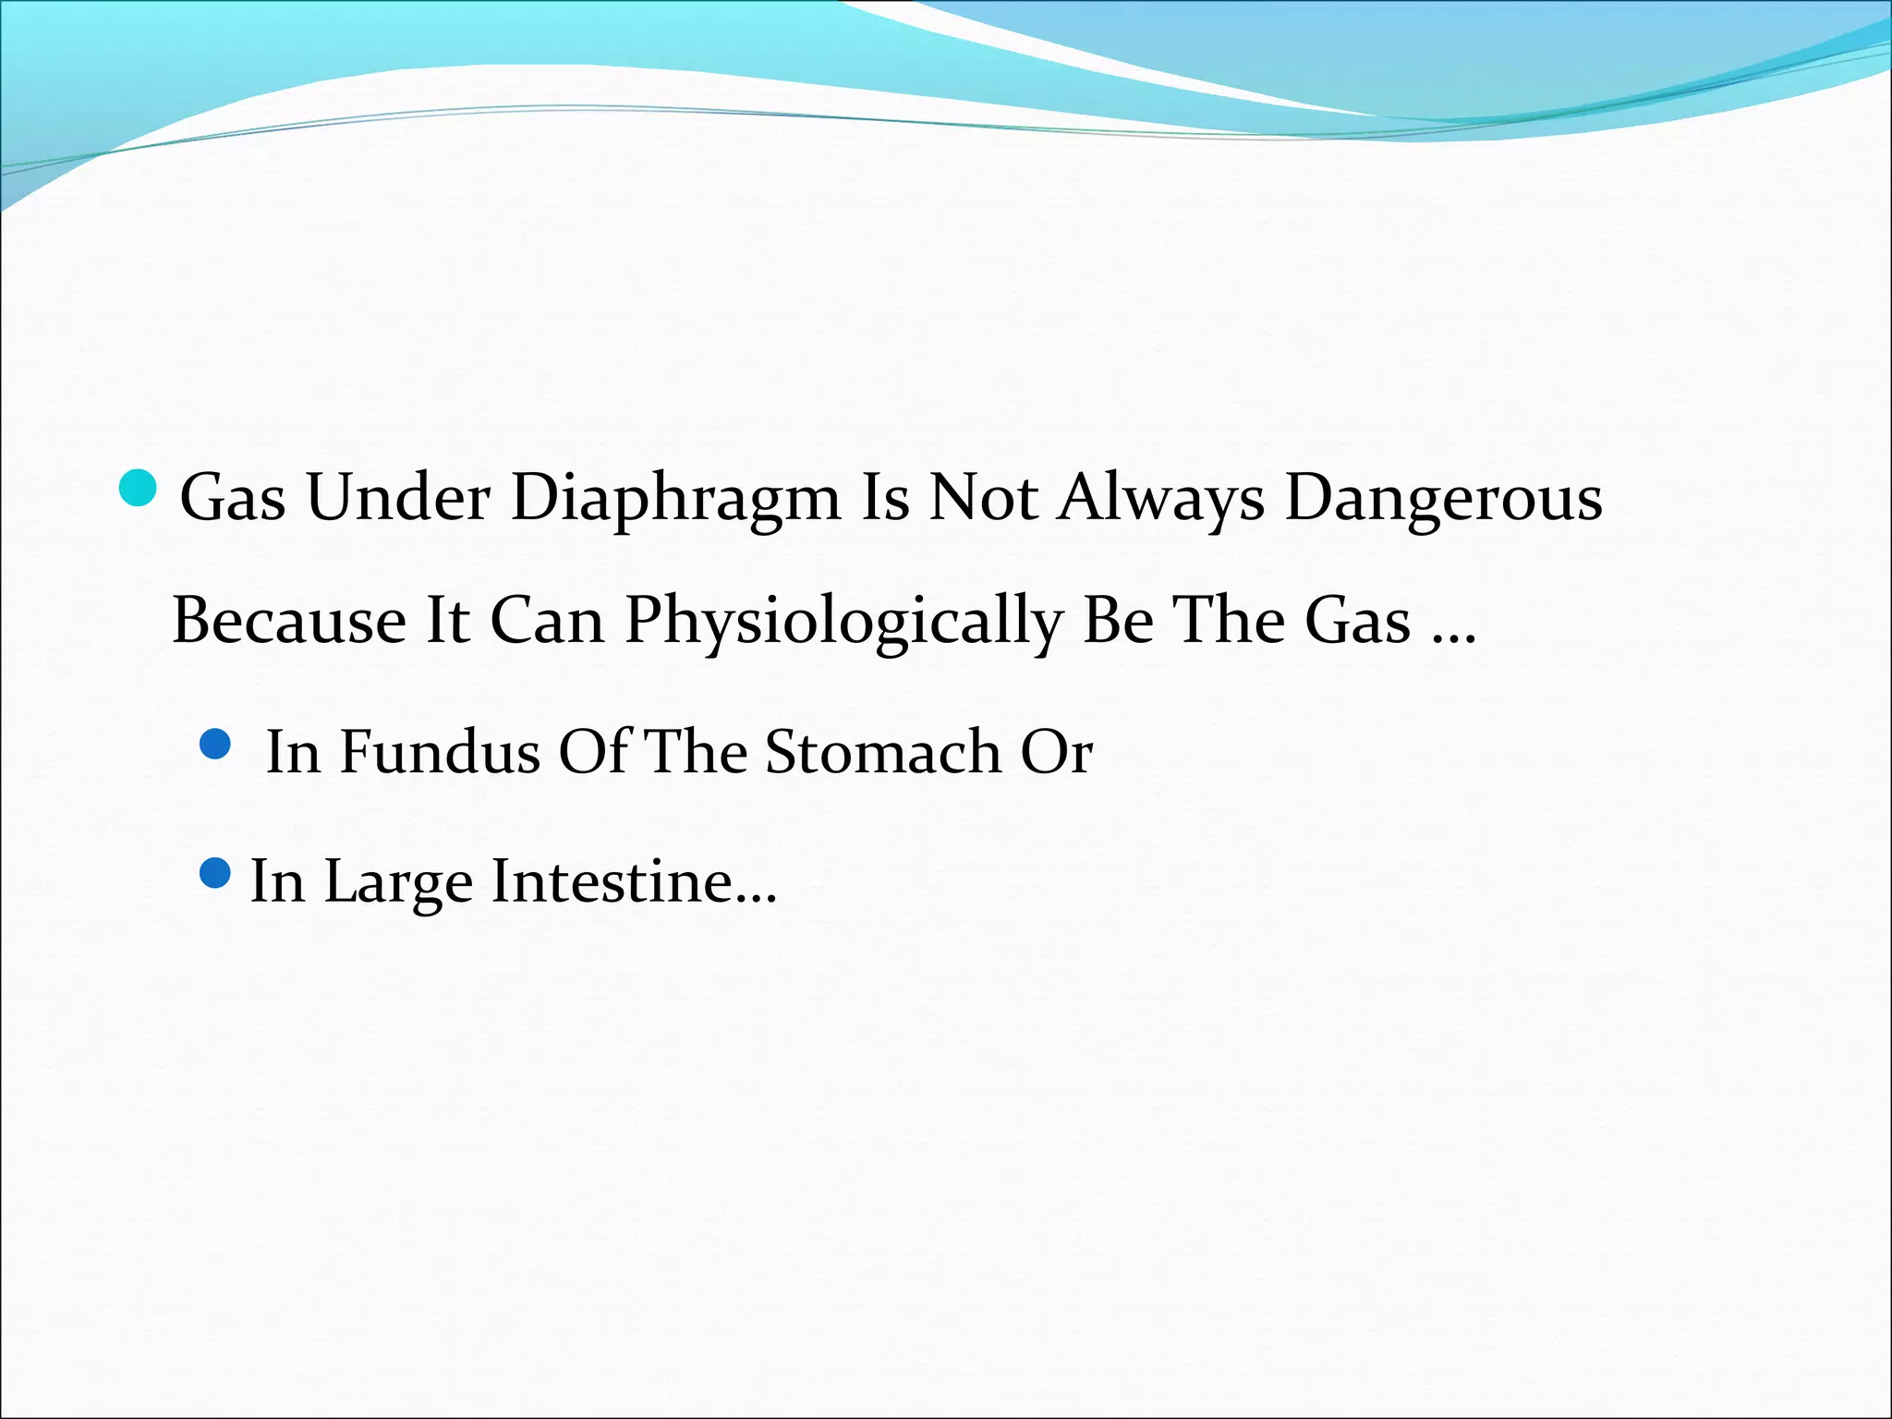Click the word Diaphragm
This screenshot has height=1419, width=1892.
675,500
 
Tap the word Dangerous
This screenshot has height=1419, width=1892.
1444,500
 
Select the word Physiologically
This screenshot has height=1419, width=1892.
843,621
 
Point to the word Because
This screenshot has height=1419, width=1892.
289,621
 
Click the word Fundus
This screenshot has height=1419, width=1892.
440,752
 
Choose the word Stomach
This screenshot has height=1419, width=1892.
883,752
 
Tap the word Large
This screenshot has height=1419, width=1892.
398,882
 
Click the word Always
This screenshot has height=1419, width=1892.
1161,500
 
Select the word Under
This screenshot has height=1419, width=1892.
398,500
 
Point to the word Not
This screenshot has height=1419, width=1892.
983,500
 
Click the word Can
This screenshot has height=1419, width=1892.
546,621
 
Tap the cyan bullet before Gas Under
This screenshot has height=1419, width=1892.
139,487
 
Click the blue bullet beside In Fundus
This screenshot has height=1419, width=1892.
215,744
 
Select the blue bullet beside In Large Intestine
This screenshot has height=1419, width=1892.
215,873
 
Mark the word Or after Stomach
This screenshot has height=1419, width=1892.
1056,752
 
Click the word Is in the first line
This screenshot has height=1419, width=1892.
884,500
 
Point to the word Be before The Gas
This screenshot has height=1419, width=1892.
1118,621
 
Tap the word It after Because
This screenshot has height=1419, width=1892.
447,621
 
